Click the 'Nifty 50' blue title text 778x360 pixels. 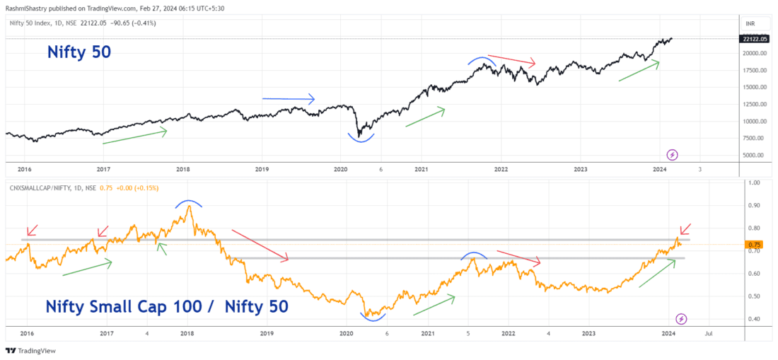[79, 52]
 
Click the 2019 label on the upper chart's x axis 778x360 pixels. [262, 170]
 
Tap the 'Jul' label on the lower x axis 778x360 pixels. [708, 332]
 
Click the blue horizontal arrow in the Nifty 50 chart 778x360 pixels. [288, 99]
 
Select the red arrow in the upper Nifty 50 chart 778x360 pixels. [512, 60]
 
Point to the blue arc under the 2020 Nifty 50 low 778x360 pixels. [361, 138]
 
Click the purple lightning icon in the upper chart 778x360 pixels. [673, 155]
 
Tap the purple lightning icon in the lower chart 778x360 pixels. [681, 318]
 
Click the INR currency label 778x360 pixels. [748, 23]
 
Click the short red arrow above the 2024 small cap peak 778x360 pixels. [685, 229]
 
